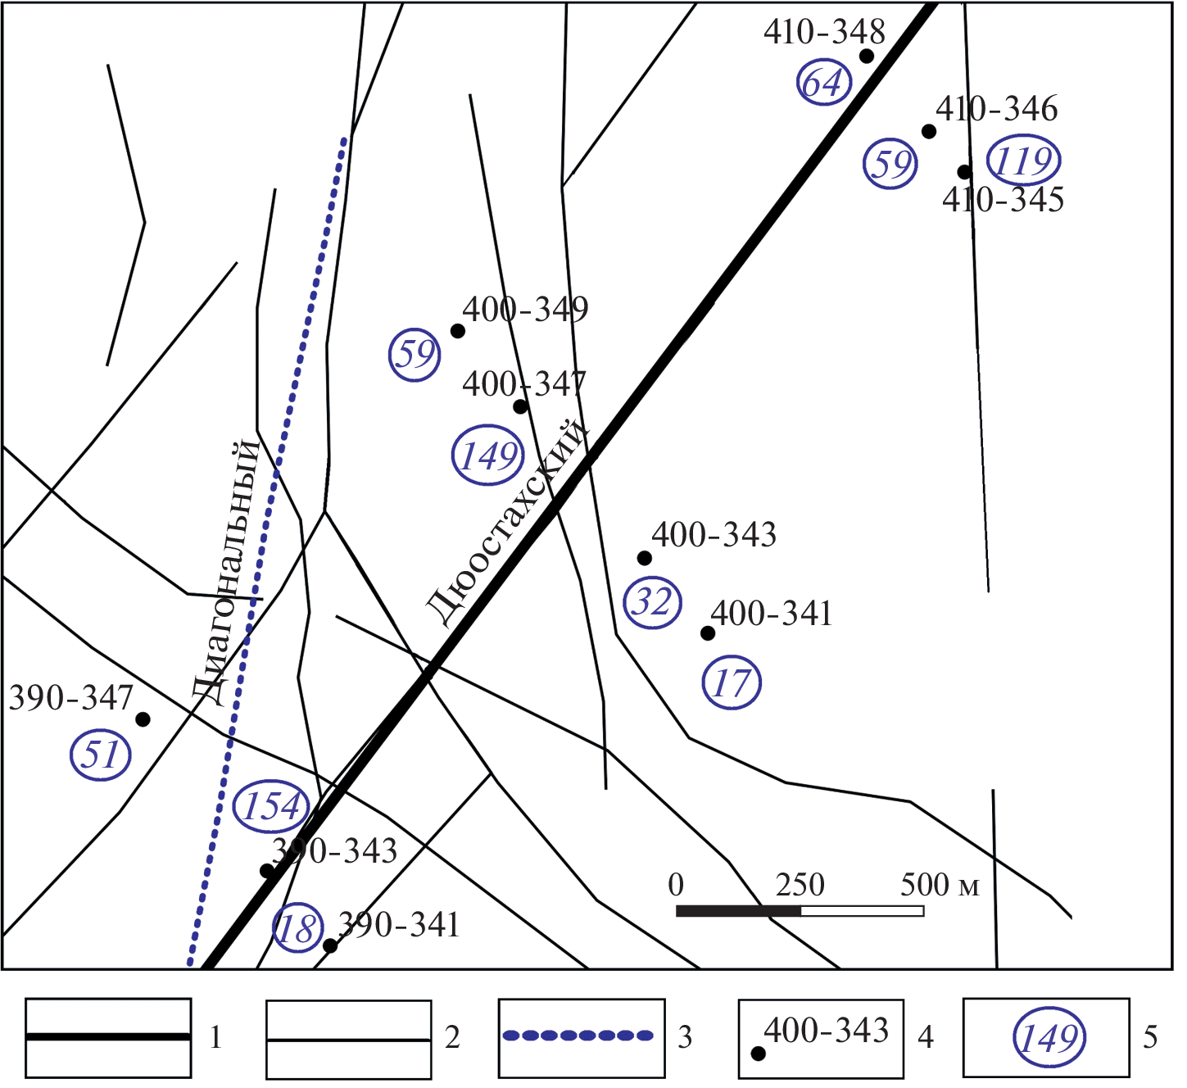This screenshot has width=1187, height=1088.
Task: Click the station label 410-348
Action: (824, 33)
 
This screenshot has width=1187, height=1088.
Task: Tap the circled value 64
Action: (823, 83)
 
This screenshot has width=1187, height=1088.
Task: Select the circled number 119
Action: (1023, 161)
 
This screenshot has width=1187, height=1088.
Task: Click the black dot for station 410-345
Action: (964, 172)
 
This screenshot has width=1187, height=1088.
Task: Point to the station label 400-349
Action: (525, 310)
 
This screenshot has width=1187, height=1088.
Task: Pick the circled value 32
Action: (653, 603)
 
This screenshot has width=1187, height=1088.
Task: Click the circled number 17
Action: (732, 682)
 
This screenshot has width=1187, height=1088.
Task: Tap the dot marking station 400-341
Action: (708, 633)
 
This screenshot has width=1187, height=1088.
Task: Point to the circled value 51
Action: (102, 755)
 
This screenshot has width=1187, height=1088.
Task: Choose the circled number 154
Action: (272, 806)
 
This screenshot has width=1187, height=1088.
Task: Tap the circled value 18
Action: (297, 929)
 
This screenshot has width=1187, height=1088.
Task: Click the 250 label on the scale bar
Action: (800, 886)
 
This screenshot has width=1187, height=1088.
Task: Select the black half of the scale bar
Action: (738, 911)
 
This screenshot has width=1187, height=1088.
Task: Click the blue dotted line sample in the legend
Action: (578, 1036)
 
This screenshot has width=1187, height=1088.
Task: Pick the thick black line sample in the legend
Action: (108, 1037)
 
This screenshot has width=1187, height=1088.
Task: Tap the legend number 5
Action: (1150, 1038)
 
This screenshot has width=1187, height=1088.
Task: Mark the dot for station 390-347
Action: (143, 720)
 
